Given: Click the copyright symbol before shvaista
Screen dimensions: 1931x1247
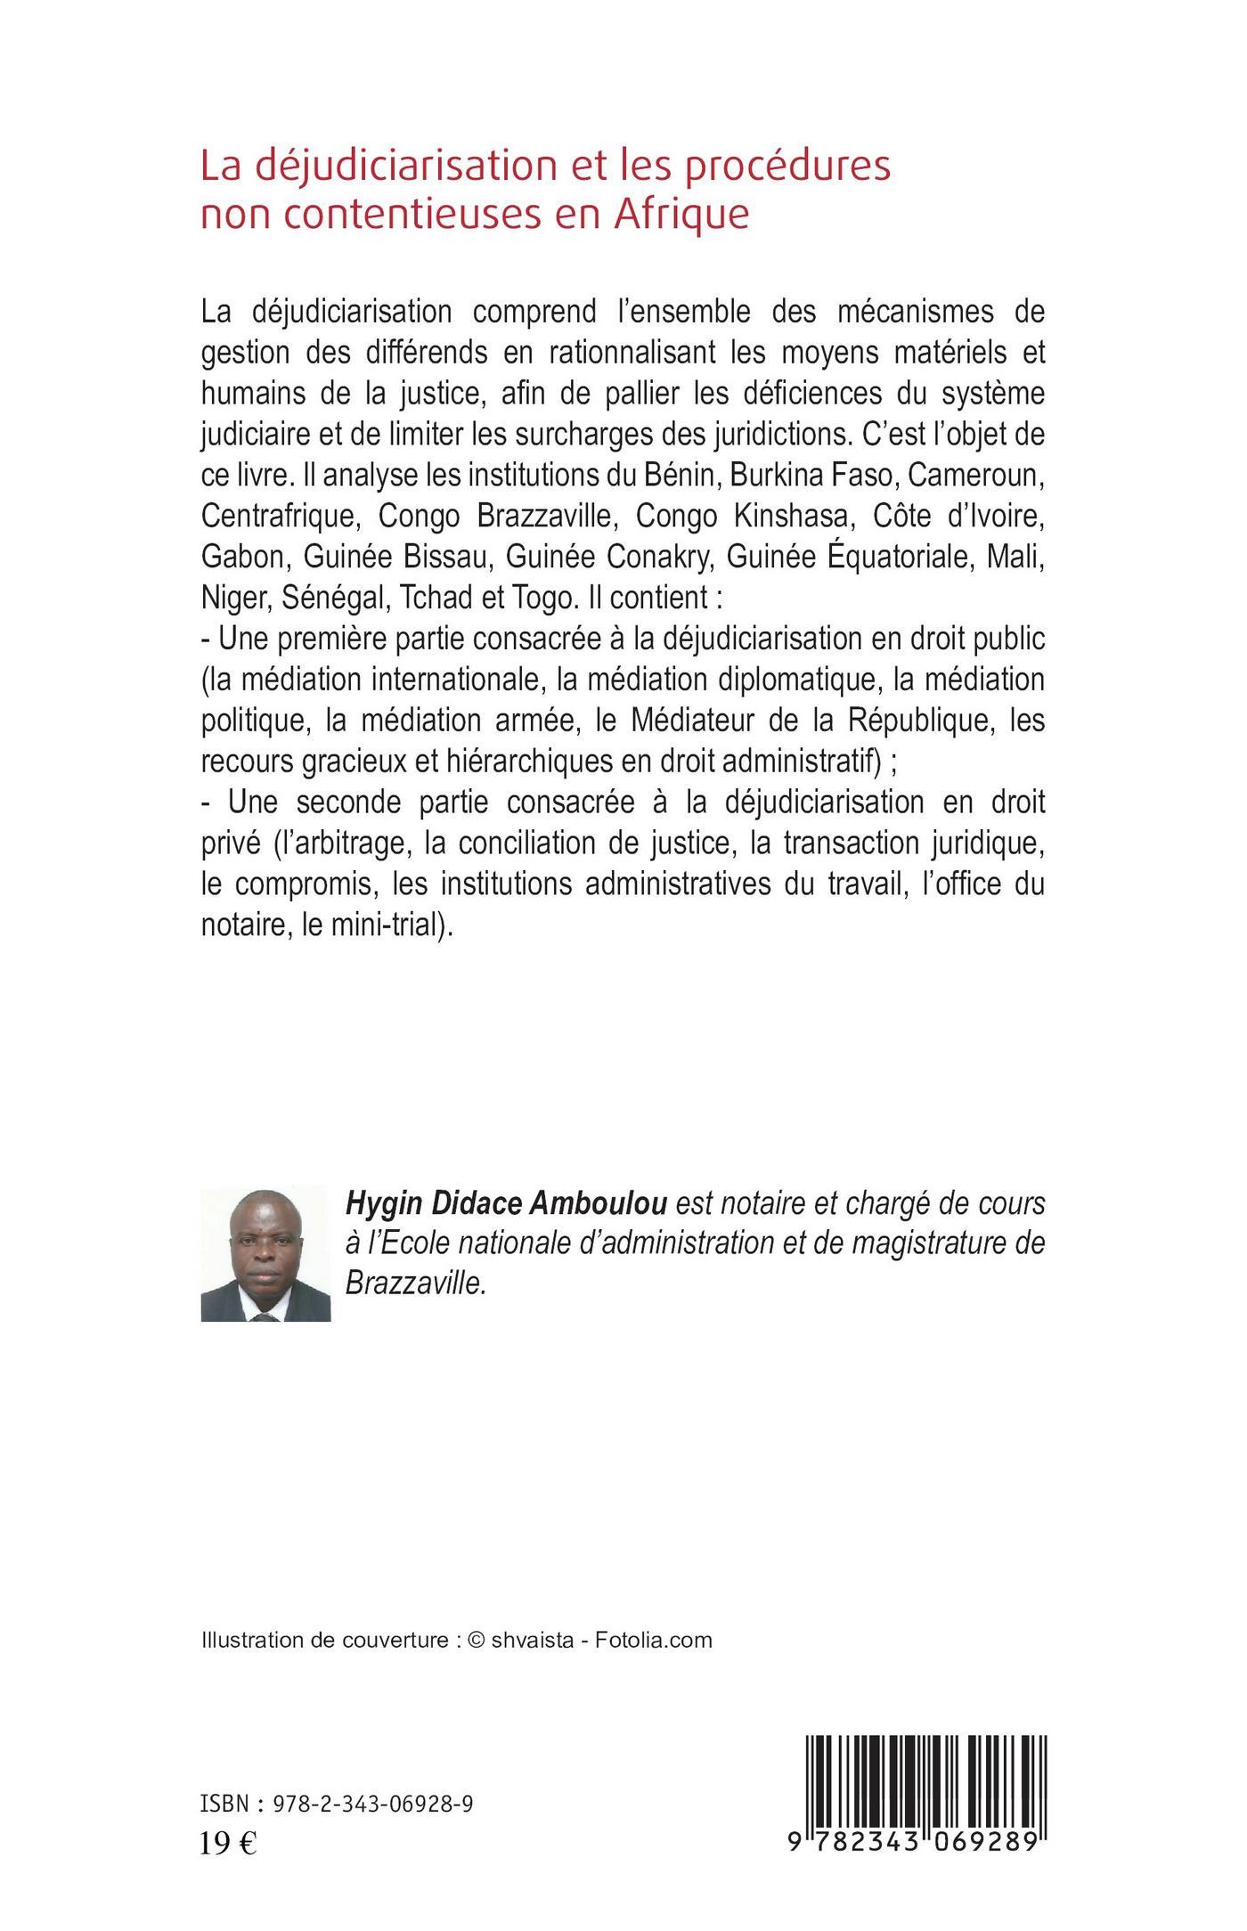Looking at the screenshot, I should coord(475,1641).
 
